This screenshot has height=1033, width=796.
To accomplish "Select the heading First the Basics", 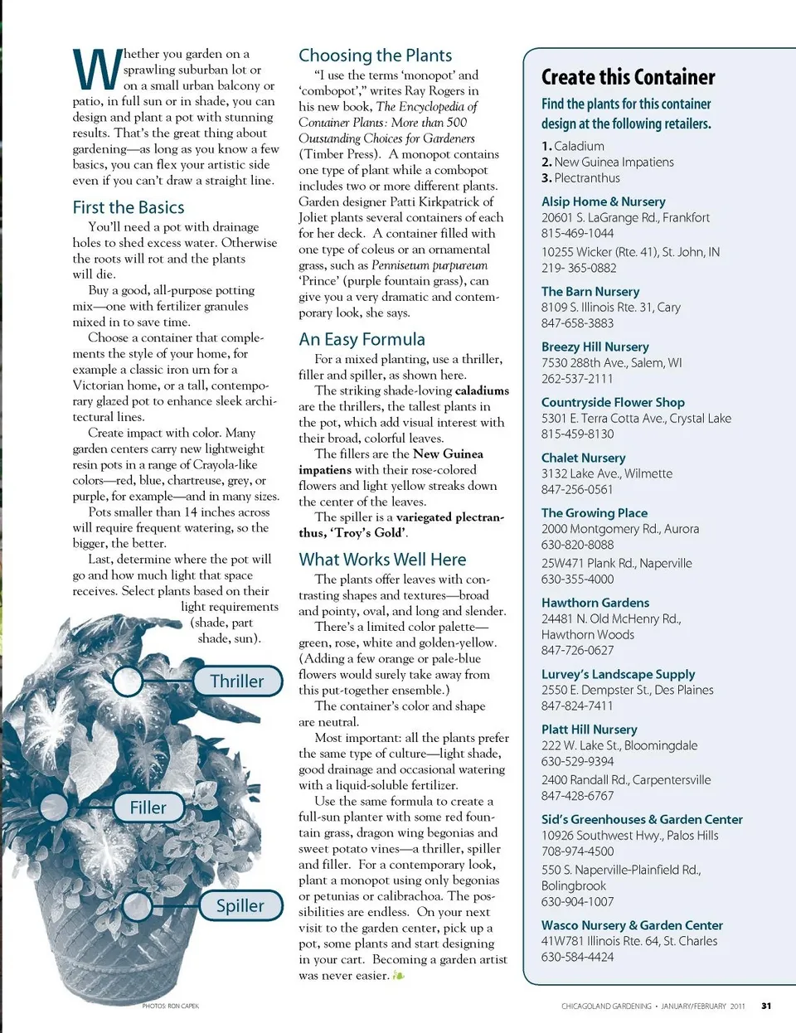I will tap(129, 207).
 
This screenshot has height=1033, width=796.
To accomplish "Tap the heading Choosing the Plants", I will tap(375, 56).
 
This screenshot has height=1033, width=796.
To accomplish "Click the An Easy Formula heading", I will tap(362, 339).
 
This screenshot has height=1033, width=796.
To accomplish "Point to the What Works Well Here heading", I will tap(382, 560).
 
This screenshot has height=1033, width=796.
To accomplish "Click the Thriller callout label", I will tap(236, 681).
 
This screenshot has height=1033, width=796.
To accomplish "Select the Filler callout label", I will tap(148, 807).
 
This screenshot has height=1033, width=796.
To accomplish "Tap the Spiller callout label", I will tap(240, 906).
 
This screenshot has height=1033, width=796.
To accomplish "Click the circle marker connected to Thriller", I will tap(128, 681).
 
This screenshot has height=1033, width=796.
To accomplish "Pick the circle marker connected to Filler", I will tap(54, 807).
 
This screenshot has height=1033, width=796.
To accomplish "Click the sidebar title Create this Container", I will tap(628, 77).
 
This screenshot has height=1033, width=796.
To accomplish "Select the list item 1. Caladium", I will tap(573, 146).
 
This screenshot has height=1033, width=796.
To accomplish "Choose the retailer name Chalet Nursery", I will tap(584, 458).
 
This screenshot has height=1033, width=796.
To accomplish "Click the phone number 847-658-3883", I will tap(578, 323).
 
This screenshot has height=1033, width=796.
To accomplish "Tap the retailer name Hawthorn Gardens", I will tap(595, 603).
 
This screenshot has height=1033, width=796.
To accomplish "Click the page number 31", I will tap(766, 1006).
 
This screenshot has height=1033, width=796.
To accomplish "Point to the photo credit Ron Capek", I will tap(171, 1006).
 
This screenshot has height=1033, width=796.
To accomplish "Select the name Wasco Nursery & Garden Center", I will tap(632, 925).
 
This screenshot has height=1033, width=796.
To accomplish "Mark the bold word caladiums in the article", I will tap(482, 390).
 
